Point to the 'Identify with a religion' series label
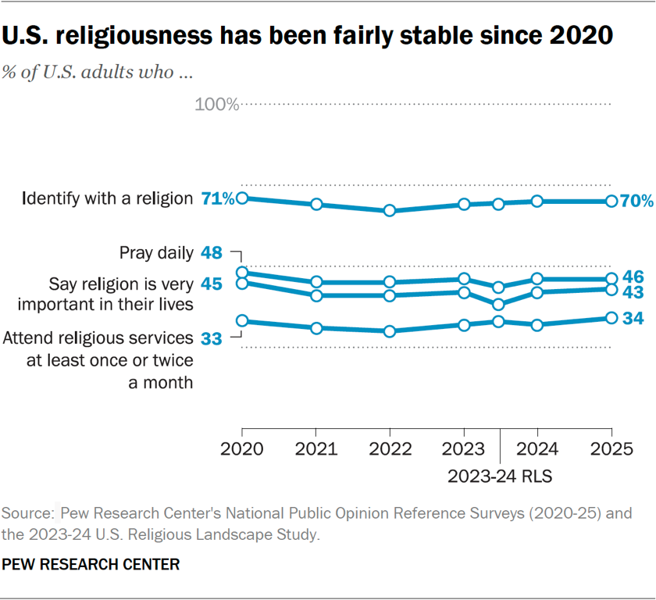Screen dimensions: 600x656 pyautogui.click(x=108, y=198)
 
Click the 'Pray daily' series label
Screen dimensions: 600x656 pyautogui.click(x=155, y=252)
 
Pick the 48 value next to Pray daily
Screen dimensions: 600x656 pyautogui.click(x=212, y=252)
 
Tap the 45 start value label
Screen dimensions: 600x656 pyautogui.click(x=212, y=284)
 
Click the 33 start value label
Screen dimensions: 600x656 pyautogui.click(x=212, y=339)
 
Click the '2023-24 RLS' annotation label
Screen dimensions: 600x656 pyautogui.click(x=500, y=475)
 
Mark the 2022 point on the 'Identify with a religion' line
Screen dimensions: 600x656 pyautogui.click(x=390, y=211)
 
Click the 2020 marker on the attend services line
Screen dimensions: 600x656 pyautogui.click(x=242, y=321)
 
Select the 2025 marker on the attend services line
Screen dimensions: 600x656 pyautogui.click(x=611, y=318)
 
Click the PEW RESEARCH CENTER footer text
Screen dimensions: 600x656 pyautogui.click(x=91, y=563)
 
